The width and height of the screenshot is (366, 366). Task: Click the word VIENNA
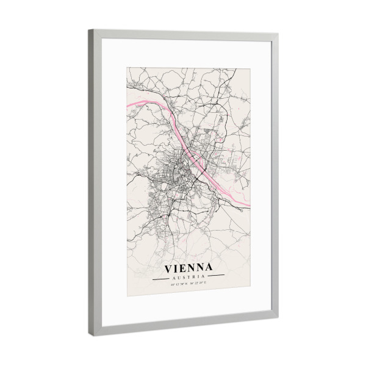point(188,267)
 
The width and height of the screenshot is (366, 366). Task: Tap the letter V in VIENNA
point(169,267)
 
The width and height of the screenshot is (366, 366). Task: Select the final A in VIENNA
point(209,268)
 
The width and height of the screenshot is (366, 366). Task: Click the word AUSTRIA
point(188,277)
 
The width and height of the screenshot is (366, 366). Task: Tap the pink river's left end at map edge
point(126,108)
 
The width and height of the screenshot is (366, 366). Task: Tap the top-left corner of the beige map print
point(126,68)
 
